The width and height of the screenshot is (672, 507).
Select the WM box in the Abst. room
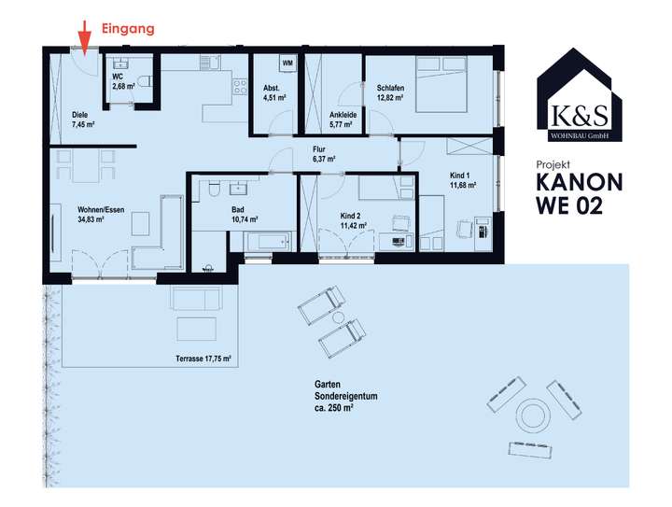(287, 63)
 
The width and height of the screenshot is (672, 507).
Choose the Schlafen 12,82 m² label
(392, 92)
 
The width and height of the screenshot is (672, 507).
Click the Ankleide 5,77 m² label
(343, 119)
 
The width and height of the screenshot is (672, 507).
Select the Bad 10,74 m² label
(244, 215)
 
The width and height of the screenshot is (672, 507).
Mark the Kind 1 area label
(463, 181)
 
